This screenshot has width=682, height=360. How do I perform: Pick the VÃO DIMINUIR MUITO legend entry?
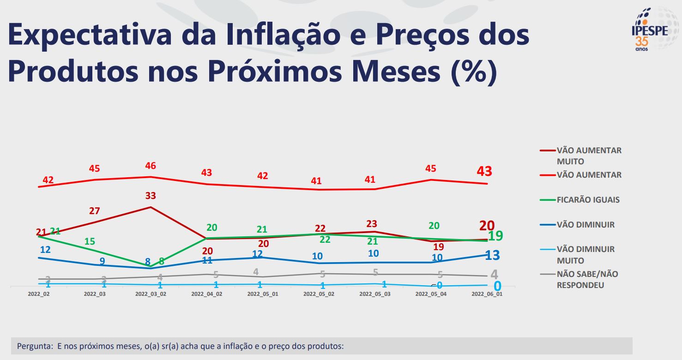pos(585,255)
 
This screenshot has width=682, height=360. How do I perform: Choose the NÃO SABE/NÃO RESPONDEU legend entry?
pos(587,279)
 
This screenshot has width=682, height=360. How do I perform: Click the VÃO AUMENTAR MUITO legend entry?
pos(589,156)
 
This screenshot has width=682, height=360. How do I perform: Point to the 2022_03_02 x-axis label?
pos(151,294)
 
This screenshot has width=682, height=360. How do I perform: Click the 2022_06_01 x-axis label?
pos(487,294)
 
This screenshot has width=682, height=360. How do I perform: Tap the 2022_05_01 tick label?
pos(263,294)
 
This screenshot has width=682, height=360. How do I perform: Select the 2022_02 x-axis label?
pos(39,294)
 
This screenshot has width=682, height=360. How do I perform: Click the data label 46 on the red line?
pos(151,166)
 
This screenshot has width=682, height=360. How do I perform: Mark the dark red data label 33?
pos(151,196)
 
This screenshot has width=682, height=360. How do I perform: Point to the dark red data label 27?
pos(94,211)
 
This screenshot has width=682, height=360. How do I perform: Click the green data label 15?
pos(90,241)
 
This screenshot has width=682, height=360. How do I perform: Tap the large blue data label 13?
pos(493,255)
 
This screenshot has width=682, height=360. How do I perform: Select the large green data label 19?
pos(495,236)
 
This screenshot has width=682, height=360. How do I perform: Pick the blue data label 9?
pos(102,261)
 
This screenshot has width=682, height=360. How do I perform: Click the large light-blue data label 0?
pos(498,287)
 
